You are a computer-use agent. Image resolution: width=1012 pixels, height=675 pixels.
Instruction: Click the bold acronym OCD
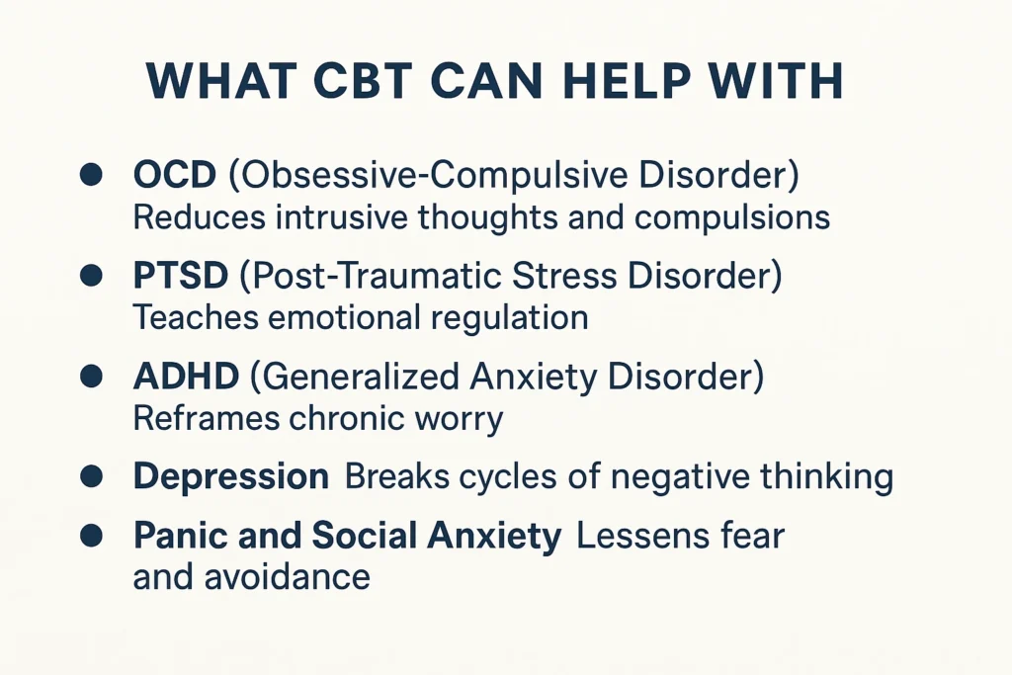[174, 175]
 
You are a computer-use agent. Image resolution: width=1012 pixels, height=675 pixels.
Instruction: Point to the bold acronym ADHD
[185, 377]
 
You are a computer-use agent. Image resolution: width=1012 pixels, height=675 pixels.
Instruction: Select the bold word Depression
[230, 476]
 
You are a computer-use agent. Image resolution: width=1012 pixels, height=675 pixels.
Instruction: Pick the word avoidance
[287, 576]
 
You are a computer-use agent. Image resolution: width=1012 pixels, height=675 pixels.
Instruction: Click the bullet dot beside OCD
[91, 176]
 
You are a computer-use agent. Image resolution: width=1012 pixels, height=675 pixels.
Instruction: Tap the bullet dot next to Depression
[91, 476]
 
